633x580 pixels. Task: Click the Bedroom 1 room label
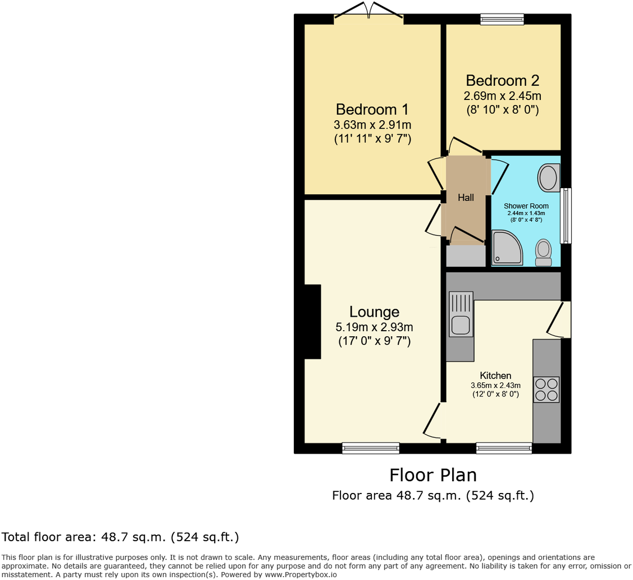pyautogui.click(x=372, y=109)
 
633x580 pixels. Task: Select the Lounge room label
pyautogui.click(x=374, y=312)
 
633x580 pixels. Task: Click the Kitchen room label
pyautogui.click(x=495, y=376)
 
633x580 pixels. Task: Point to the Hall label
pyautogui.click(x=466, y=198)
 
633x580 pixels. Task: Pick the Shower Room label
pyautogui.click(x=526, y=206)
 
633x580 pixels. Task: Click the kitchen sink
pyautogui.click(x=461, y=314)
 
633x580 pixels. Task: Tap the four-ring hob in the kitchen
pyautogui.click(x=547, y=389)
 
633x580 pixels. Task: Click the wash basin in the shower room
pyautogui.click(x=548, y=177)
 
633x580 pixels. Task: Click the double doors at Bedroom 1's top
pyautogui.click(x=369, y=12)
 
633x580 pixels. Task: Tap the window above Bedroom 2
pyautogui.click(x=502, y=20)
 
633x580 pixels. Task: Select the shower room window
pyautogui.click(x=566, y=216)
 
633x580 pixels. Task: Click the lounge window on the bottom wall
pyautogui.click(x=371, y=447)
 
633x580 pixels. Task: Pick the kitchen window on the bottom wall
pyautogui.click(x=504, y=447)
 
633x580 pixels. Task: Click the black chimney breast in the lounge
pyautogui.click(x=312, y=321)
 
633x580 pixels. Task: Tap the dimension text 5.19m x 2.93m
pyautogui.click(x=374, y=327)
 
